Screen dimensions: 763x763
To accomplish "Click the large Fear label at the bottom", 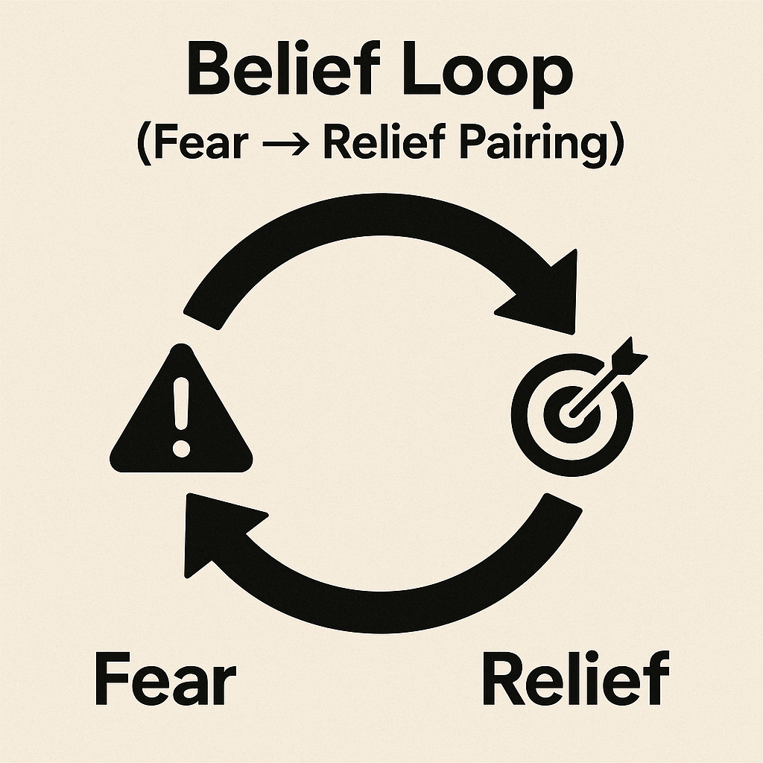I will coord(165,679).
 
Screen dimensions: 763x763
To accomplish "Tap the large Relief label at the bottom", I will coord(574,679).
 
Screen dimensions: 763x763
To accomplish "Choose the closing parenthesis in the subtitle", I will coord(616,143).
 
